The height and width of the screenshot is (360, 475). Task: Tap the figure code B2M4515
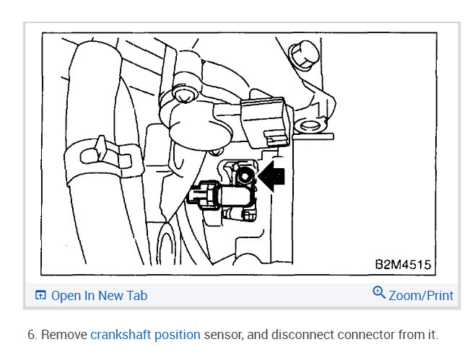point(403,265)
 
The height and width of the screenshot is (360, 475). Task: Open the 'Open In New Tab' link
point(99,296)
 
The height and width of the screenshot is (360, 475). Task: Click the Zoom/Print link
point(421,296)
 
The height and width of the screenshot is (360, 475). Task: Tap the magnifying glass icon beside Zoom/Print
point(379,293)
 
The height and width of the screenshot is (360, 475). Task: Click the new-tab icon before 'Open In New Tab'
point(40,296)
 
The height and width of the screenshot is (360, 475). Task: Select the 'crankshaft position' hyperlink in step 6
point(145,335)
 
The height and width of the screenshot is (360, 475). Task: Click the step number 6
point(32,335)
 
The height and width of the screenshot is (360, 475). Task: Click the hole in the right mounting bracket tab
point(313,128)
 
